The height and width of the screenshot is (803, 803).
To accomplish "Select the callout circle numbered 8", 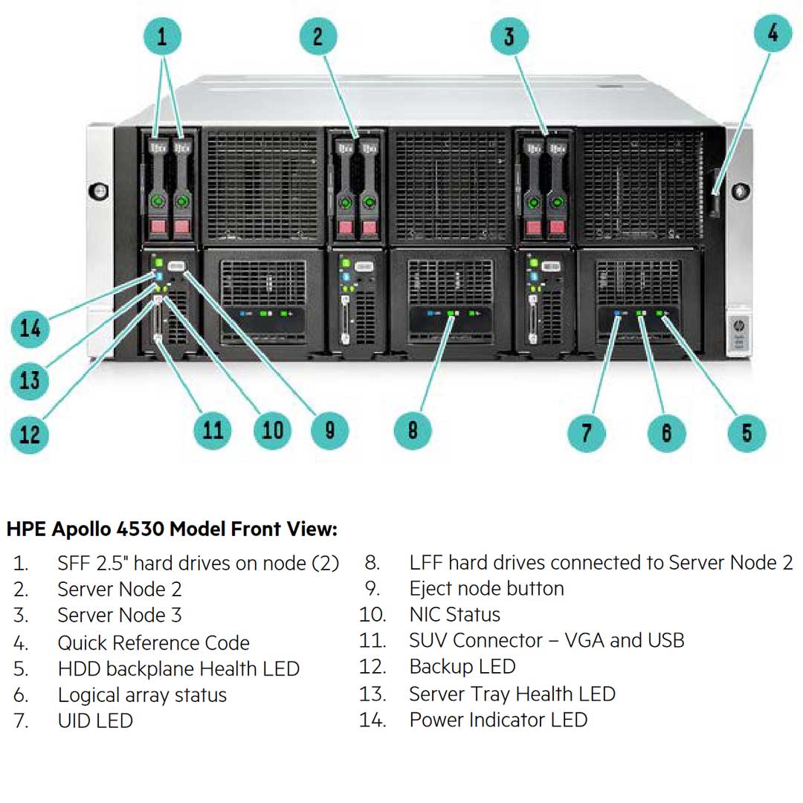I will [412, 429].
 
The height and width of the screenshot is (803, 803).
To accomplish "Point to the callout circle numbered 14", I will [30, 327].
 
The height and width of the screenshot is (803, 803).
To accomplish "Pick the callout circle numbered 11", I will [213, 429].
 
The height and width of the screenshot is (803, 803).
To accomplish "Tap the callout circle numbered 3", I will [509, 35].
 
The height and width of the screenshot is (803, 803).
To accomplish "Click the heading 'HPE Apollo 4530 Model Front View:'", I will [172, 529].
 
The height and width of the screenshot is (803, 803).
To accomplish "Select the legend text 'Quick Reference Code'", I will [153, 642].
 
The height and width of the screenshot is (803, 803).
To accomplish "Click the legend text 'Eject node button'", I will [486, 589].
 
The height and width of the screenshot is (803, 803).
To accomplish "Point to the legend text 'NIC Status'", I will [454, 615].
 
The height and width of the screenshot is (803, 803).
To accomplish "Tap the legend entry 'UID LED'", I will [95, 720].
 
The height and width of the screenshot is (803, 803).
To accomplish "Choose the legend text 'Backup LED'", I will [462, 667].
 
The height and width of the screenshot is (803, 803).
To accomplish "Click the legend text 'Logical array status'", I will [142, 695].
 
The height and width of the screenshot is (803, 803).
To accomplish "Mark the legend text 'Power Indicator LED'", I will [498, 720].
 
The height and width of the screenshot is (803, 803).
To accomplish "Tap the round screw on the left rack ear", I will [100, 190].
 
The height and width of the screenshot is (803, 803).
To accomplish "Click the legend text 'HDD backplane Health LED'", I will [178, 669].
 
